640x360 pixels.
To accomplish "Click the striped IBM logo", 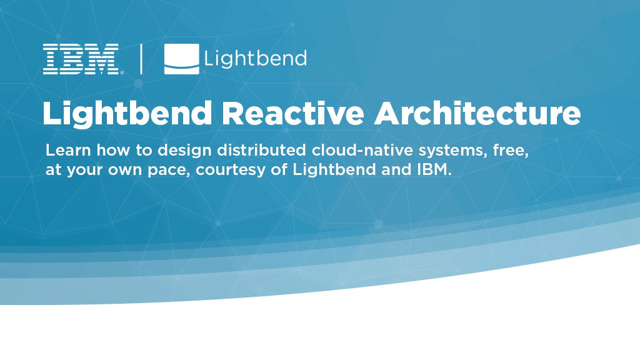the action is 81,59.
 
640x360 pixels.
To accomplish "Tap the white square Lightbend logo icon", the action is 182,59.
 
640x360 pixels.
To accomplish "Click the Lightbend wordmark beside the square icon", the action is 256,58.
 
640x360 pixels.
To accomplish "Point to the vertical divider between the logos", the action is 141,59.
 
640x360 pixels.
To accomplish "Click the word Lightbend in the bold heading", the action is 127,114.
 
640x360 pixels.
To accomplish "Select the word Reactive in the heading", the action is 292,113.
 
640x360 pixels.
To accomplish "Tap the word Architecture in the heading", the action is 477,113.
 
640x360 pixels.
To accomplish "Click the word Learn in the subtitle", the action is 68,150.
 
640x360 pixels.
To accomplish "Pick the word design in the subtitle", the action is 184,151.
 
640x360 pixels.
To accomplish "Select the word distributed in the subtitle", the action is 262,150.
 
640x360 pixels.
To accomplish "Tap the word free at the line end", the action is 511,151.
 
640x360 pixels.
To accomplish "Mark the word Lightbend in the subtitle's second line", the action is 334,170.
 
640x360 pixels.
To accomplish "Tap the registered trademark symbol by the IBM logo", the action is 122,72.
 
